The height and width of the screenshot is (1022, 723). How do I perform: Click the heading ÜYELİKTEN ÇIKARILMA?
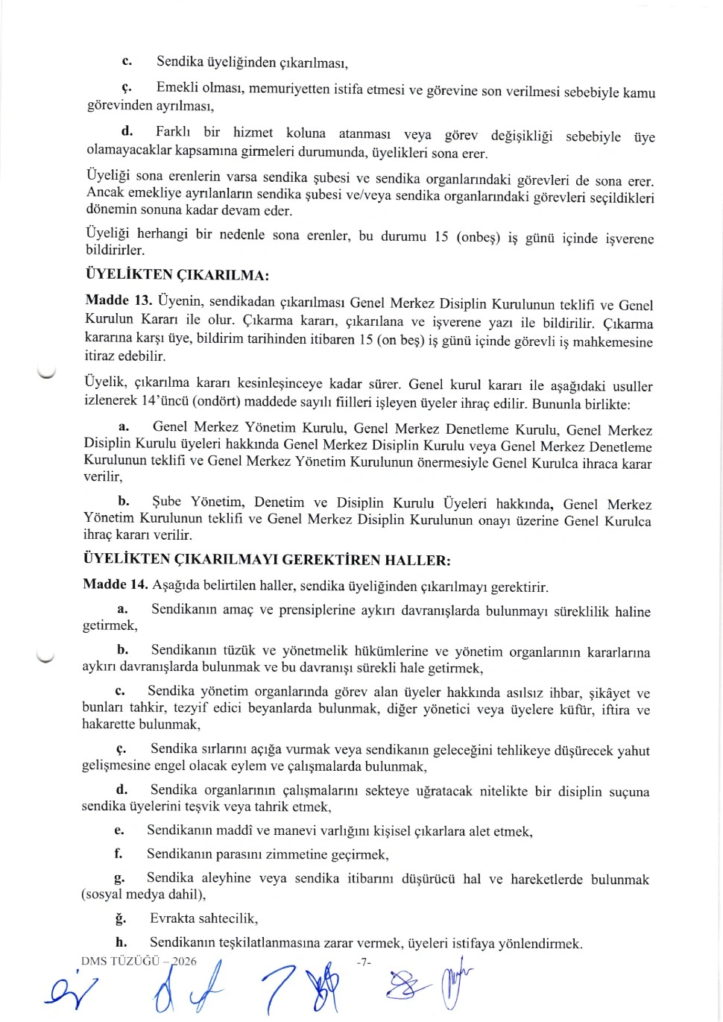tap(177, 275)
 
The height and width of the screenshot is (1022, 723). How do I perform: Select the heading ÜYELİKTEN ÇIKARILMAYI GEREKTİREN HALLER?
tap(266, 560)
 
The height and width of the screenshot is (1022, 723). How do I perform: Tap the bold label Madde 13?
tap(119, 300)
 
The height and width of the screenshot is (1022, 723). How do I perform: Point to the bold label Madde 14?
tap(116, 584)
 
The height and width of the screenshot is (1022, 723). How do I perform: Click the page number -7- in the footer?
tap(363, 962)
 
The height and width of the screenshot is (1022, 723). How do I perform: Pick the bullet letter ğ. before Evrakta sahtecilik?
tap(120, 918)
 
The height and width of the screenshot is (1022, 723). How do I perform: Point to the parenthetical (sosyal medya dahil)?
tap(143, 895)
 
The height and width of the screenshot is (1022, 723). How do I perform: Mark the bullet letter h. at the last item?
tap(121, 942)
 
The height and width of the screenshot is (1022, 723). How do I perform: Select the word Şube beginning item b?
tap(166, 502)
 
